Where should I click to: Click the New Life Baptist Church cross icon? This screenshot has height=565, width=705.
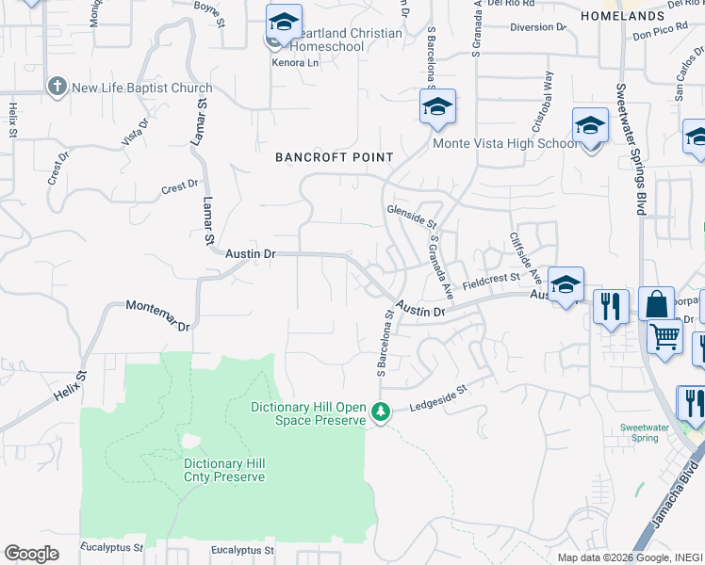pyautogui.click(x=57, y=89)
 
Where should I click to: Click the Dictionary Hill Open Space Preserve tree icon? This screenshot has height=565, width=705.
pyautogui.click(x=381, y=412)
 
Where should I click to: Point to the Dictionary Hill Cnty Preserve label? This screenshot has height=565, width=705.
pyautogui.click(x=224, y=470)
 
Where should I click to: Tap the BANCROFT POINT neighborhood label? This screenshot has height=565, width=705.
pyautogui.click(x=333, y=157)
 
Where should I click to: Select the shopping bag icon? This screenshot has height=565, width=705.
pyautogui.click(x=656, y=305)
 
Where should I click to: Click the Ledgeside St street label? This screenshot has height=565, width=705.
pyautogui.click(x=437, y=397)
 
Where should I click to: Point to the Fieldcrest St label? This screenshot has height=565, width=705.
pyautogui.click(x=491, y=280)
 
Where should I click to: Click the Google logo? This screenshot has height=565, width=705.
pyautogui.click(x=31, y=554)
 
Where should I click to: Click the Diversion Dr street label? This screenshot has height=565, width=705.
pyautogui.click(x=537, y=27)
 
